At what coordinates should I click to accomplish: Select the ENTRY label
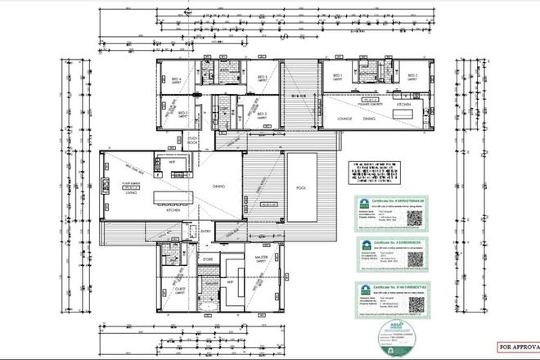tap(205, 231)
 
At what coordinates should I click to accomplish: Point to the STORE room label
tap(209, 260)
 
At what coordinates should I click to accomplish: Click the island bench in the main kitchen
tap(180, 196)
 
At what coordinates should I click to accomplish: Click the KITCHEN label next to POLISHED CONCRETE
tap(403, 106)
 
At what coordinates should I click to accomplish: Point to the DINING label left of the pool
tap(218, 187)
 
